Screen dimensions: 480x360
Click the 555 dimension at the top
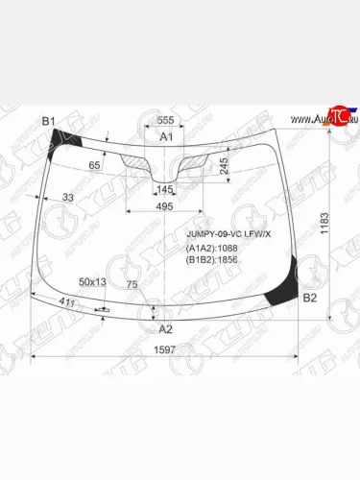(165, 120)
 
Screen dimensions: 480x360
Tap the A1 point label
(165, 137)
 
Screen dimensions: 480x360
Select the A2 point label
(165, 328)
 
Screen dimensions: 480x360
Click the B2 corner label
(309, 299)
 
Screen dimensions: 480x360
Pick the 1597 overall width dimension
(165, 348)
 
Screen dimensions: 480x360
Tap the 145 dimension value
(165, 189)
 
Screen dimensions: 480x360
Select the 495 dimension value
(165, 206)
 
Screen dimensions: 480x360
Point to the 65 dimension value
(93, 166)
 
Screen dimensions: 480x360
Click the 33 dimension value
(67, 198)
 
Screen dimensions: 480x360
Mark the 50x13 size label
(93, 281)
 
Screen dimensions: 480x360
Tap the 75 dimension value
(132, 284)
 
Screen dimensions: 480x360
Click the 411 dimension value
(67, 303)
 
